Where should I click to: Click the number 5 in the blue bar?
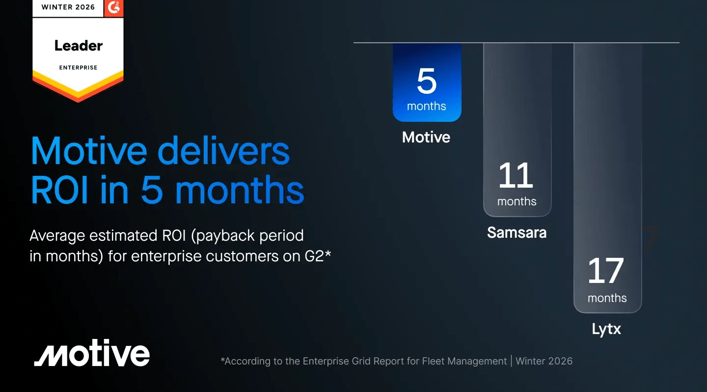point(426,81)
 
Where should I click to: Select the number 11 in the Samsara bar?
point(516,175)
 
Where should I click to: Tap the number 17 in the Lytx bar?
point(606,271)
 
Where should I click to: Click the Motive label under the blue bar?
point(426,137)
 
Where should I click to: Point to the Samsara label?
point(517,232)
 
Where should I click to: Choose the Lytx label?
point(606,329)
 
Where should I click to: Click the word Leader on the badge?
point(79,46)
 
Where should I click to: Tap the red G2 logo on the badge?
point(114,7)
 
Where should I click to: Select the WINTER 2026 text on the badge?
point(68,7)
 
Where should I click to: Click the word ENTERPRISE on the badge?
point(79,67)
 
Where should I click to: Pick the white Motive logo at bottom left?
point(92,355)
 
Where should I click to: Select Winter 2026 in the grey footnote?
point(544,361)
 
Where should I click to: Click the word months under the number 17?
point(607,298)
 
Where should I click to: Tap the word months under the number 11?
point(517,201)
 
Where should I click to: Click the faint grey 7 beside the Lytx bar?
point(651,240)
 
